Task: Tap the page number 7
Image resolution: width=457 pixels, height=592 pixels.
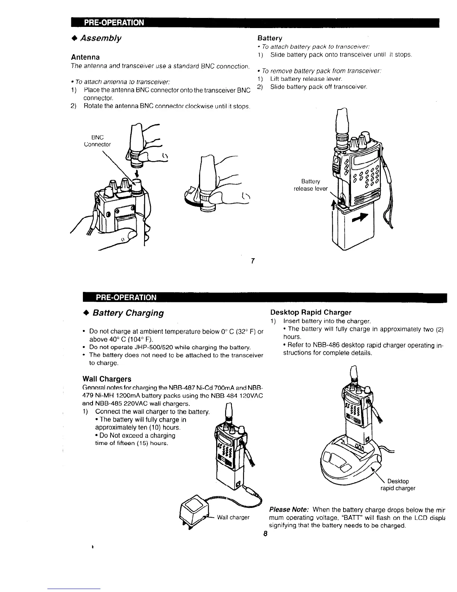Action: click(253, 261)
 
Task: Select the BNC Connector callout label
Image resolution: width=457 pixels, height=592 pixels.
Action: click(97, 141)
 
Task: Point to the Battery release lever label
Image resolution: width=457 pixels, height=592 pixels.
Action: click(311, 185)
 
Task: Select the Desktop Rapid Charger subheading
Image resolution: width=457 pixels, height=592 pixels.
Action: click(311, 312)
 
